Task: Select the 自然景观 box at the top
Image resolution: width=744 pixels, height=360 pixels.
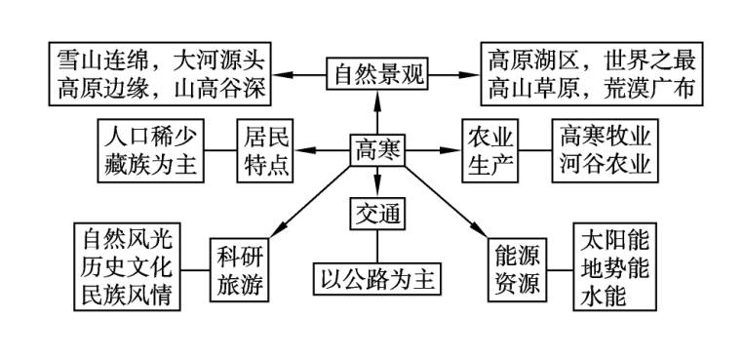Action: click(x=377, y=74)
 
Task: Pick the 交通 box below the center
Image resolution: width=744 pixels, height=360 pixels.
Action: click(x=377, y=212)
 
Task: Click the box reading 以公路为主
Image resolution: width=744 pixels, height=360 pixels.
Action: click(x=377, y=280)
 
